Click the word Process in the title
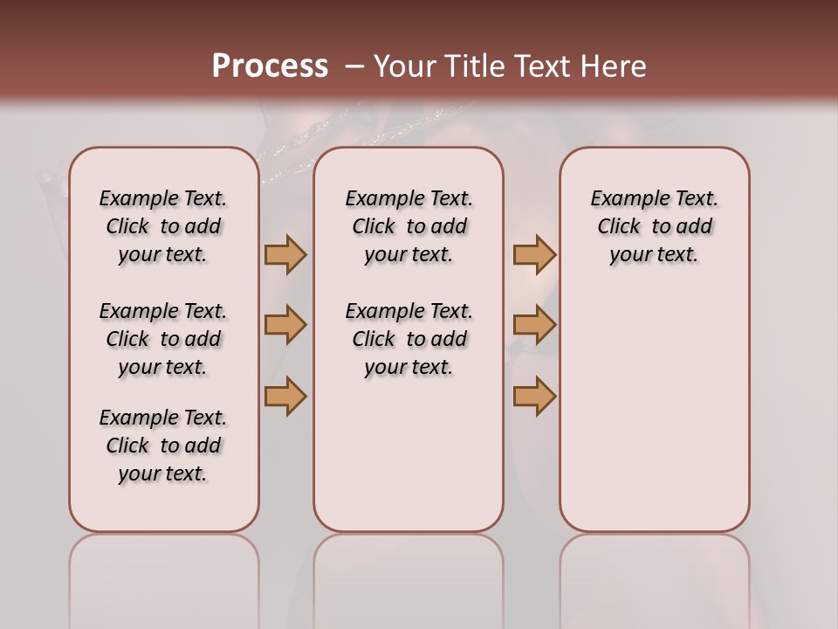(270, 66)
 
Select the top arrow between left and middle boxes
(285, 254)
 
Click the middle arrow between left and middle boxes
(285, 325)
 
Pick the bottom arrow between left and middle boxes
(285, 397)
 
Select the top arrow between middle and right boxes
(534, 254)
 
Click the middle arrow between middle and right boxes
(534, 325)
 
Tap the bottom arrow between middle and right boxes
(534, 397)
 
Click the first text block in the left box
(163, 226)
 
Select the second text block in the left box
(163, 339)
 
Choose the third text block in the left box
(163, 446)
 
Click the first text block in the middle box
(409, 226)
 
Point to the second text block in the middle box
(409, 339)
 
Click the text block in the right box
(654, 226)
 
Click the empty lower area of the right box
(654, 419)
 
